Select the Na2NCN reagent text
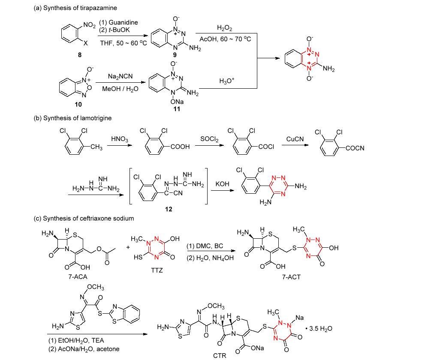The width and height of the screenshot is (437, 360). pos(115,77)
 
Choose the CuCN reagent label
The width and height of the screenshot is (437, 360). pos(295,139)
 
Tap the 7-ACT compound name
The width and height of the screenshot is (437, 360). pos(291,277)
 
